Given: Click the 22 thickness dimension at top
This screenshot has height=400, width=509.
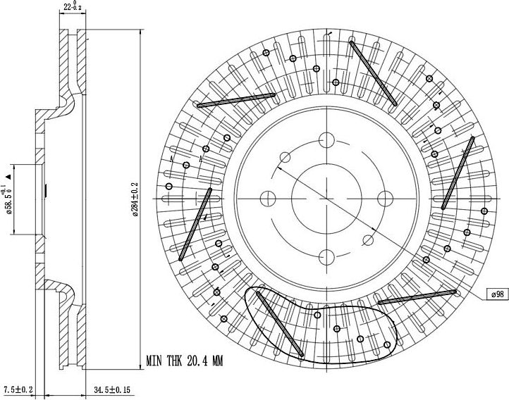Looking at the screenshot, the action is point(73,6).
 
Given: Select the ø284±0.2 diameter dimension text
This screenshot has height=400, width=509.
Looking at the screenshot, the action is point(135,199).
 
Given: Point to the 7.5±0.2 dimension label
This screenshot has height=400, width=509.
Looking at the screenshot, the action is point(18,389).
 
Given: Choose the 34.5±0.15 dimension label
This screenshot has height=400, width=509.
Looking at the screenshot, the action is point(111,389).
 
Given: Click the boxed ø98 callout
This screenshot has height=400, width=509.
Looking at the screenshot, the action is point(498,294).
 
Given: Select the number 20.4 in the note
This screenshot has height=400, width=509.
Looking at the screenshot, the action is point(197,361).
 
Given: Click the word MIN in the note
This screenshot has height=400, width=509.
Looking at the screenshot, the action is point(154,361).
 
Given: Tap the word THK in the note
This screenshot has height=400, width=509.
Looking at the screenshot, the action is point(175,361).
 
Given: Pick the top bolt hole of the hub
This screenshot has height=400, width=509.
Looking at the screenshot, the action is point(326,140).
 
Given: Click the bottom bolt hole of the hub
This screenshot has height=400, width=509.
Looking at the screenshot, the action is point(326,257).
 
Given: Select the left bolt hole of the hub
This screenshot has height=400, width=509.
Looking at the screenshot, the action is point(268,199).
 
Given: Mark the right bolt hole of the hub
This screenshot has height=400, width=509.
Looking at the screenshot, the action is point(386,199).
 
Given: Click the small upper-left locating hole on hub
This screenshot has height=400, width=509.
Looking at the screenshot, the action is point(285,157).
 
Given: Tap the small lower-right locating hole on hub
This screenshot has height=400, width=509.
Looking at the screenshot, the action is point(368,241).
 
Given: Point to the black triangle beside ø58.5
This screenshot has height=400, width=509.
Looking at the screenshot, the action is point(8,177).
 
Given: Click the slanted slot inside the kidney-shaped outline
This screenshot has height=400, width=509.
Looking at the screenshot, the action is point(279,324).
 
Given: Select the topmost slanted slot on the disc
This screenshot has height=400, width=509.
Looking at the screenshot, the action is point(373,73).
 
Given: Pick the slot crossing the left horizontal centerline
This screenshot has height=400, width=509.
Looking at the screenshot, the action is point(195,225).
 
